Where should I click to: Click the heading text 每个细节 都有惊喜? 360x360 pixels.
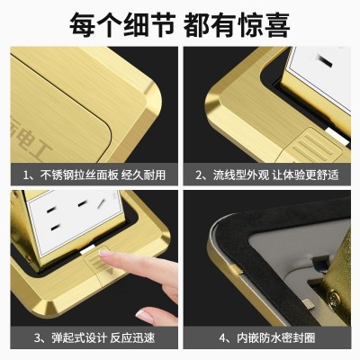(180, 24)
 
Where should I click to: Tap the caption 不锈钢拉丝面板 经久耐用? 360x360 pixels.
(103, 175)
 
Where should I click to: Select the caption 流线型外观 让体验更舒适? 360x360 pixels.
(276, 175)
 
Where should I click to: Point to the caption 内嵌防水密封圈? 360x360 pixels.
(276, 337)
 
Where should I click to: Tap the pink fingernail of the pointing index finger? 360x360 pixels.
(105, 254)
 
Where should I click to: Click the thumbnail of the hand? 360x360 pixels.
(145, 316)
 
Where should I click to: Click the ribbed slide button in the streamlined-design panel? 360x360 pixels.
(312, 145)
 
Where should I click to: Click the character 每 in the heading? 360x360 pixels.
(83, 24)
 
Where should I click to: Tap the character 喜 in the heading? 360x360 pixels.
(277, 24)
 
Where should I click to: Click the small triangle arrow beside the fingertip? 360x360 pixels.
(111, 271)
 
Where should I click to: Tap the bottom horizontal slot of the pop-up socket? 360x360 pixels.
(55, 229)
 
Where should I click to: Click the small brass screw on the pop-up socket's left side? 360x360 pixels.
(29, 257)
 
